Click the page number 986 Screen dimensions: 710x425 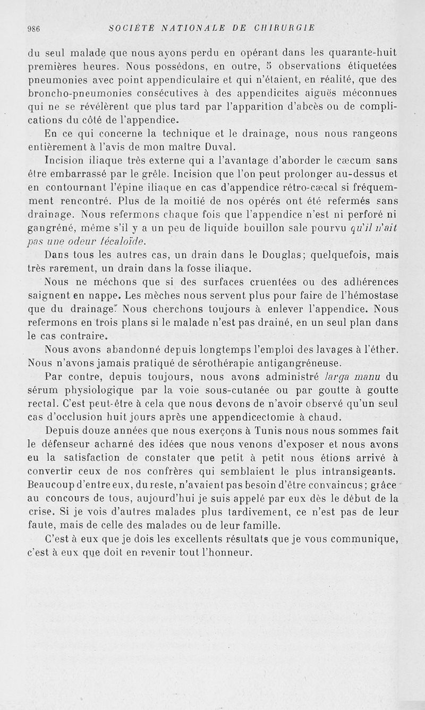click(34, 28)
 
